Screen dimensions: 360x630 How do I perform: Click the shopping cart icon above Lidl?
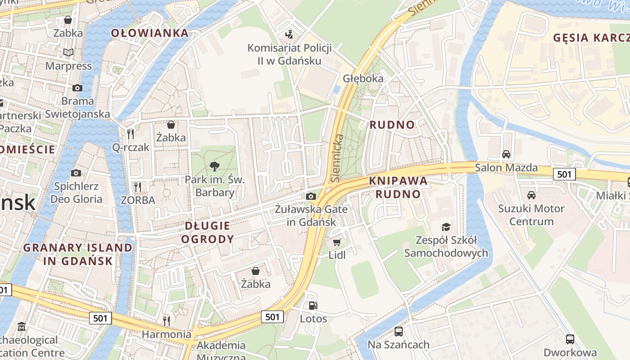pyautogui.click(x=337, y=242)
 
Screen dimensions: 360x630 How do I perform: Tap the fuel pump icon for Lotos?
pyautogui.click(x=313, y=306)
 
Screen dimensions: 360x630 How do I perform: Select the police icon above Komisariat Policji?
pyautogui.click(x=289, y=34)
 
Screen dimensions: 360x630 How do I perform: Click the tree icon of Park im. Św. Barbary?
pyautogui.click(x=215, y=166)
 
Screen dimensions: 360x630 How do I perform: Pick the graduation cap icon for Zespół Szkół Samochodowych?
pyautogui.click(x=446, y=227)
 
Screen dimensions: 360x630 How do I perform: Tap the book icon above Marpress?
pyautogui.click(x=68, y=53)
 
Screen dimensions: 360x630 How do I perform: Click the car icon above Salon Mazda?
pyautogui.click(x=506, y=154)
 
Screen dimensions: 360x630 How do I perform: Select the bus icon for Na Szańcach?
pyautogui.click(x=399, y=332)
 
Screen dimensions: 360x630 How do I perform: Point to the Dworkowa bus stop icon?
pyautogui.click(x=570, y=339)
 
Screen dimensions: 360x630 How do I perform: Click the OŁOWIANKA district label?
pyautogui.click(x=150, y=33)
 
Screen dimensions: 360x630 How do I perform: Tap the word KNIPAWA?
pyautogui.click(x=398, y=181)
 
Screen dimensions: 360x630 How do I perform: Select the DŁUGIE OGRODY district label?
pyautogui.click(x=207, y=232)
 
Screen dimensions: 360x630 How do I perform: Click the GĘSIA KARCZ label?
pyautogui.click(x=591, y=38)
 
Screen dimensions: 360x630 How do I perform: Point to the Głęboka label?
pyautogui.click(x=363, y=78)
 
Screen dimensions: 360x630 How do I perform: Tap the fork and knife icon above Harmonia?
pyautogui.click(x=166, y=321)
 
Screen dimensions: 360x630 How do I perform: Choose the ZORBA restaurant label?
pyautogui.click(x=138, y=200)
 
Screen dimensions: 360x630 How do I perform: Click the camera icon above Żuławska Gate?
pyautogui.click(x=311, y=196)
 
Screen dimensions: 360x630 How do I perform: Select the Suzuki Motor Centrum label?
pyautogui.click(x=531, y=215)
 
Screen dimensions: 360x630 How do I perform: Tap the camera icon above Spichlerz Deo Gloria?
pyautogui.click(x=76, y=173)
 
